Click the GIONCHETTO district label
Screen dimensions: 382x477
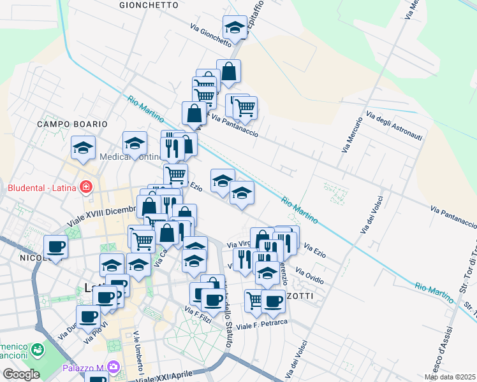(x=149, y=4)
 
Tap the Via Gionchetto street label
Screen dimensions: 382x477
(x=210, y=36)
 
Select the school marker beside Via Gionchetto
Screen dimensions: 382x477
(x=235, y=28)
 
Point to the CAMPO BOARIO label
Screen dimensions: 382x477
(x=71, y=124)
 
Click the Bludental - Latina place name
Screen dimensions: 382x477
(x=41, y=188)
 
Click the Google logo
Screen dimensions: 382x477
(x=20, y=374)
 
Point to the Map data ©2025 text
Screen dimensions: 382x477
(x=450, y=377)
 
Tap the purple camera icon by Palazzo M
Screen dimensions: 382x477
(x=114, y=367)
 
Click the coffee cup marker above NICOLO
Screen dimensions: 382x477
(x=55, y=246)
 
